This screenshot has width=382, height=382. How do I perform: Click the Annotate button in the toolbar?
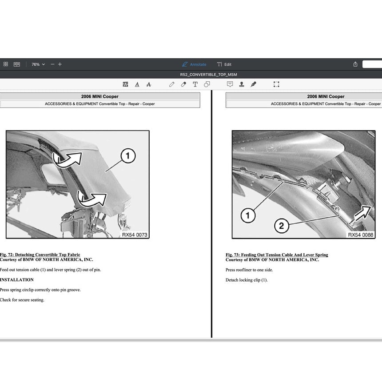pyautogui.click(x=194, y=64)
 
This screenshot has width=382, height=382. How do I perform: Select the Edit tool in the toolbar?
pyautogui.click(x=224, y=64)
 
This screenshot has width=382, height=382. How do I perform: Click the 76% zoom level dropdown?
pyautogui.click(x=38, y=64)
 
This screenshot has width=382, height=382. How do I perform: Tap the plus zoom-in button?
pyautogui.click(x=60, y=64)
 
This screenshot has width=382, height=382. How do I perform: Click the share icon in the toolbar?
pyautogui.click(x=355, y=64)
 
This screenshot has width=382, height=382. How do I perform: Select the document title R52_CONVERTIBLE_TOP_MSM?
pyautogui.click(x=208, y=75)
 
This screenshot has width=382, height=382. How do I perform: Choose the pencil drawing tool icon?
pyautogui.click(x=171, y=84)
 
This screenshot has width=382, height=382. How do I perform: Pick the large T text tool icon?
pyautogui.click(x=195, y=84)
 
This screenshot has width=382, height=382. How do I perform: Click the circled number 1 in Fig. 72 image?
pyautogui.click(x=128, y=155)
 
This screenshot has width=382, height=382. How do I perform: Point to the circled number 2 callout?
pyautogui.click(x=281, y=226)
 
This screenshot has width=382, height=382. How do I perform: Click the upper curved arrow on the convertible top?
pyautogui.click(x=67, y=159)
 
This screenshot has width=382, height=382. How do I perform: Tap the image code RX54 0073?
pyautogui.click(x=135, y=235)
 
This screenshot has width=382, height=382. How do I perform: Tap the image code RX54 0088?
pyautogui.click(x=361, y=235)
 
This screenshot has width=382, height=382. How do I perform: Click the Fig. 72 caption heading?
pyautogui.click(x=40, y=255)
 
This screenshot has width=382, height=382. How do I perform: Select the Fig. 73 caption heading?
pyautogui.click(x=277, y=255)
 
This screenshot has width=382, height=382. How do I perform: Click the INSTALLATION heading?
pyautogui.click(x=17, y=280)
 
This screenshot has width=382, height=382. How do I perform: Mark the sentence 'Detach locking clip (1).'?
pyautogui.click(x=247, y=280)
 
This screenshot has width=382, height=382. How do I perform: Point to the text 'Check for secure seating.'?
pyautogui.click(x=22, y=300)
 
